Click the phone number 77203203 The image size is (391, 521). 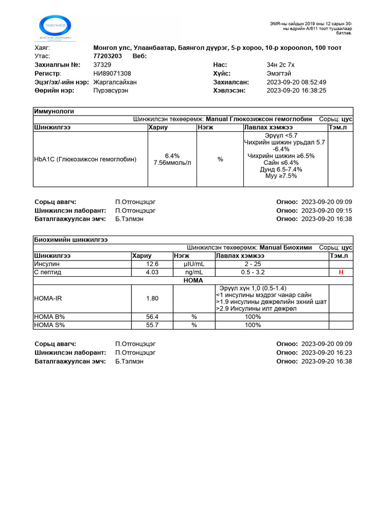(107, 56)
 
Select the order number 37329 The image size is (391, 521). (102, 65)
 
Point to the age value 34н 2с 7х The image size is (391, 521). (281, 65)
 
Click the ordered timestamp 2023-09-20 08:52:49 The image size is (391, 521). (296, 82)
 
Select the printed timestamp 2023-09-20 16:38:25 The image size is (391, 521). (296, 91)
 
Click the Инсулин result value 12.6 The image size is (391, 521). (152, 264)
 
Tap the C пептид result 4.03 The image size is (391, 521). (152, 272)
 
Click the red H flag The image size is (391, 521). (341, 273)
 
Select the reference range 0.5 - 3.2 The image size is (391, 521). (253, 272)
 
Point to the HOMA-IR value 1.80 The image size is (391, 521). (152, 298)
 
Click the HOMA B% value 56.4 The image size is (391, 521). (152, 316)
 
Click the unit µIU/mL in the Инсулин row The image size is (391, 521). (193, 264)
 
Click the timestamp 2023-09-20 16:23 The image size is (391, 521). (326, 352)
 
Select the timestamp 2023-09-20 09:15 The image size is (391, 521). (326, 211)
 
